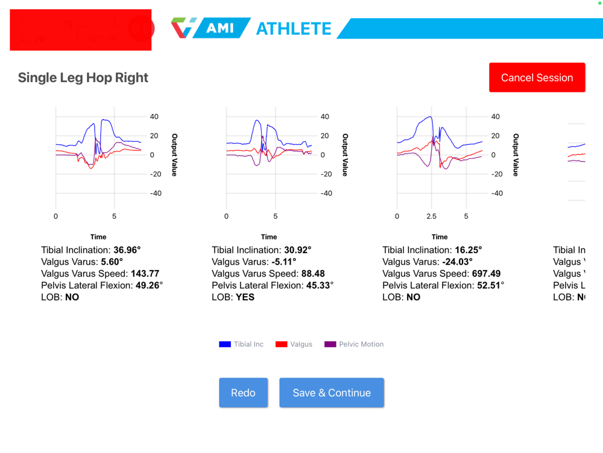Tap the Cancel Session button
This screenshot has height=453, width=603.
coord(537,77)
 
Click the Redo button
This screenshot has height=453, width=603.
coord(243,393)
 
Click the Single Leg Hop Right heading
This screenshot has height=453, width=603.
coord(83,77)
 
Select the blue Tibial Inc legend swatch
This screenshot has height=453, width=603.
coord(225,344)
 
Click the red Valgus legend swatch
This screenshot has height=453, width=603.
coord(282,344)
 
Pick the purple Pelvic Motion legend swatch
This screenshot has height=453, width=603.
coord(330,344)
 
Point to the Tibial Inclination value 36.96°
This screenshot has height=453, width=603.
coord(127,250)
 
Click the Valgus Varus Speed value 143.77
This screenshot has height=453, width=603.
coord(145,274)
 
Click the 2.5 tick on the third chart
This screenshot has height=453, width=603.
coord(431,216)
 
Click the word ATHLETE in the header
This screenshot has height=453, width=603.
coord(294,28)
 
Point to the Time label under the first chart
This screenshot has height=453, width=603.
coord(98,237)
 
